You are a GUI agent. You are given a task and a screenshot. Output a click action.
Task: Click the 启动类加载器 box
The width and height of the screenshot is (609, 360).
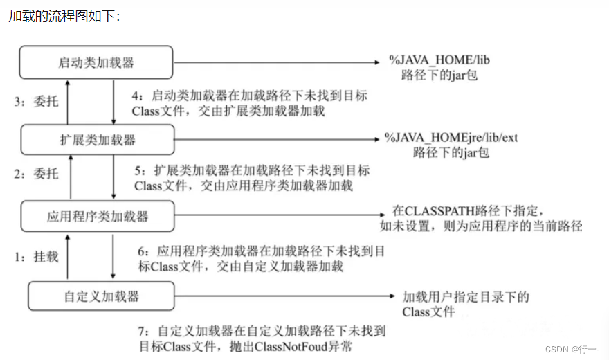coord(96,63)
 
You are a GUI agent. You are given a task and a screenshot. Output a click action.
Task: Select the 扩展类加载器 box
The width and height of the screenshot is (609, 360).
coord(97,140)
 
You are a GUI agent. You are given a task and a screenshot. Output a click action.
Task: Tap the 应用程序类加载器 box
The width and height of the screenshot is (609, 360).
coord(97,216)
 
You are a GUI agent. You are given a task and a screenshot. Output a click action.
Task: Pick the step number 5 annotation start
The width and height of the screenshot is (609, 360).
coord(138,170)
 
